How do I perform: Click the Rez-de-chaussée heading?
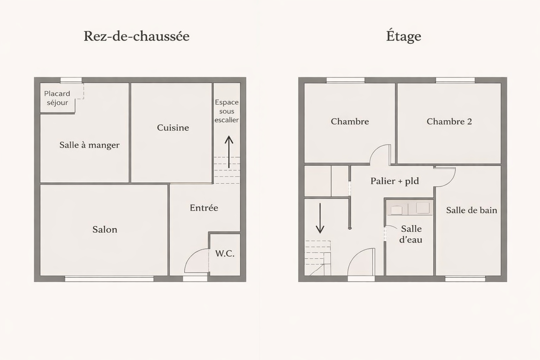[x=136, y=37]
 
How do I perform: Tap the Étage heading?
[x=404, y=36]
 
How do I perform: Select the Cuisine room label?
[x=173, y=128]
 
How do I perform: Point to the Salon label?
[x=105, y=229]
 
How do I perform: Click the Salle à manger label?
[x=89, y=145]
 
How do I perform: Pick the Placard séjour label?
[x=57, y=98]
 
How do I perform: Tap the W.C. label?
[x=225, y=253]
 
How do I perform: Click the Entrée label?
[x=204, y=208]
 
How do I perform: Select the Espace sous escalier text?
[x=227, y=111]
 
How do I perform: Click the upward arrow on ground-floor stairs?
[x=229, y=152]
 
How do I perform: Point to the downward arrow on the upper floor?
[x=320, y=218]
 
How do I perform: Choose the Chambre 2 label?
[x=449, y=122]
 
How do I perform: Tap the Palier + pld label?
[x=395, y=181]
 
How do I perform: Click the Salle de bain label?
[x=471, y=210]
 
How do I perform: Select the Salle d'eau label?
[x=411, y=234]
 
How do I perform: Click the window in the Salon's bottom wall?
[x=109, y=279]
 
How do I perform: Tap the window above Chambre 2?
[x=455, y=80]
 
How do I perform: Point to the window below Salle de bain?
[x=465, y=279]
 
